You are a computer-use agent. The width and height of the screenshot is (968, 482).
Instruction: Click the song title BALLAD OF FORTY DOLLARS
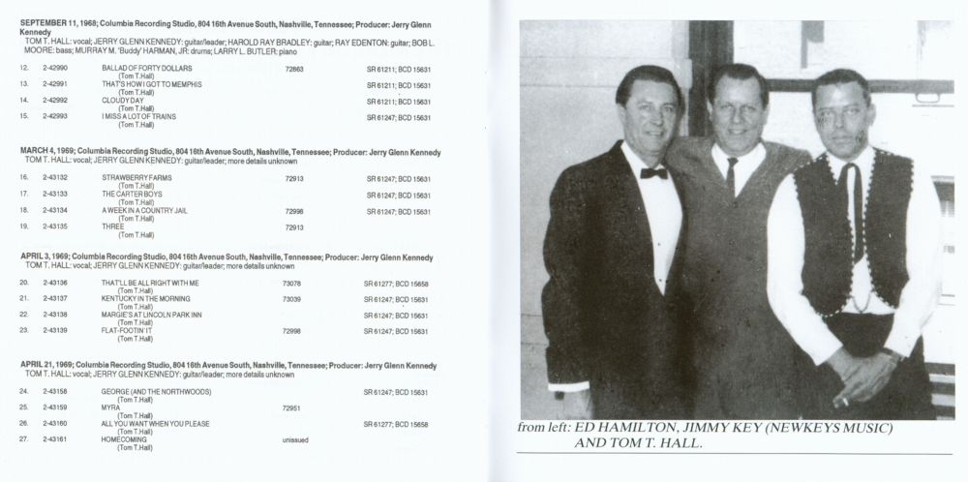pyautogui.click(x=147, y=69)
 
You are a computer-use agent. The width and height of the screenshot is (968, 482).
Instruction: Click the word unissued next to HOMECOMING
pyautogui.click(x=294, y=440)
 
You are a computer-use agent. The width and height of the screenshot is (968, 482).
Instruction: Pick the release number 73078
pyautogui.click(x=291, y=283)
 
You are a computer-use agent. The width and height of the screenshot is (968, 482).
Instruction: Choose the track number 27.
pyautogui.click(x=24, y=440)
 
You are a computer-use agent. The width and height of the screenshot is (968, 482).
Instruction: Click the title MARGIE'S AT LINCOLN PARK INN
pyautogui.click(x=152, y=316)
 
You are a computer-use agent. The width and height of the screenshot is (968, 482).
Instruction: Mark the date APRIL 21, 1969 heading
pyautogui.click(x=49, y=365)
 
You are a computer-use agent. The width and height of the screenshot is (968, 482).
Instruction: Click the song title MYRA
pyautogui.click(x=110, y=407)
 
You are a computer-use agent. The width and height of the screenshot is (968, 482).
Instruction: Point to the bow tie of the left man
pyautogui.click(x=654, y=173)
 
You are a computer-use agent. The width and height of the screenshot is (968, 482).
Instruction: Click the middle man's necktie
pyautogui.click(x=732, y=174)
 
